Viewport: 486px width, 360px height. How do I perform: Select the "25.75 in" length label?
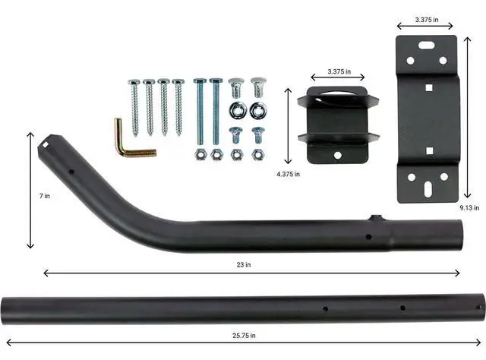243,335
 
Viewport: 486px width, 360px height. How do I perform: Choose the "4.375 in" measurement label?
288,174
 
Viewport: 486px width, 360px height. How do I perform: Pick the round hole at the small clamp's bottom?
338,155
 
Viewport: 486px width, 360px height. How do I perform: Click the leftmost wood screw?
134,106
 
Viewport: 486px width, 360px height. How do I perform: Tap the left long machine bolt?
200,110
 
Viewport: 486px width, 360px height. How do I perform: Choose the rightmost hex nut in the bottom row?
258,154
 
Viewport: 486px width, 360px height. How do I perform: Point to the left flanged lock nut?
236,110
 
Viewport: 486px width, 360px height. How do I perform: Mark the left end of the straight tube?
7,311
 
